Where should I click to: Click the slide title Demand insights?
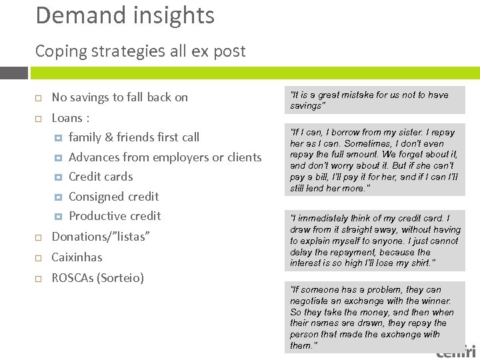click(x=125, y=15)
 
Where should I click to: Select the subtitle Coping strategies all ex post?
click(x=140, y=51)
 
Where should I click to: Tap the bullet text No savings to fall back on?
click(x=120, y=97)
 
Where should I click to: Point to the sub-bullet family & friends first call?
click(x=134, y=137)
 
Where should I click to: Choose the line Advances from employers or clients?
click(x=165, y=157)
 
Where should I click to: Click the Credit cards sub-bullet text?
click(x=101, y=177)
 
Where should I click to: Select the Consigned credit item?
click(x=114, y=197)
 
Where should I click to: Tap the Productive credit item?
click(x=115, y=216)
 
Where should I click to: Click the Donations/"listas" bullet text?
click(x=101, y=237)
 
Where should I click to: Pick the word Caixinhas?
click(x=77, y=257)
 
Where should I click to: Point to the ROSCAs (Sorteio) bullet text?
click(x=98, y=277)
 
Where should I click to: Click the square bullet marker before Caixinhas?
click(x=39, y=257)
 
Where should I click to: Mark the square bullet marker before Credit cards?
click(x=58, y=177)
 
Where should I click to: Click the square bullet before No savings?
click(x=39, y=98)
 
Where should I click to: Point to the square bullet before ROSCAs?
click(x=39, y=278)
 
